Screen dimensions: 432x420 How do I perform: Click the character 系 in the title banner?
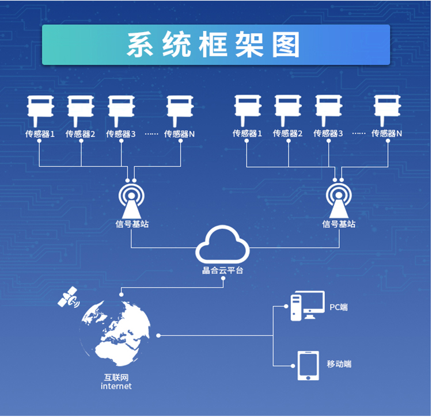[140, 44]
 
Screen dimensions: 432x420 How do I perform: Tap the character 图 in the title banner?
[286, 44]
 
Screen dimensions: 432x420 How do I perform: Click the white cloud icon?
[222, 245]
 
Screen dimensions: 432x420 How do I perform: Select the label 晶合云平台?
[222, 270]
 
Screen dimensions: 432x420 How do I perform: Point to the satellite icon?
[69, 297]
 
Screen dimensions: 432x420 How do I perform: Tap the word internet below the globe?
[116, 386]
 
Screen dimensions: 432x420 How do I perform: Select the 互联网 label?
[116, 377]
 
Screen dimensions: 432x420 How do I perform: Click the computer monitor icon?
[313, 304]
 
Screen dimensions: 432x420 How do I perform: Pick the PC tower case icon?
[296, 308]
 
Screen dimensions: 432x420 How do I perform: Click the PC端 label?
[339, 307]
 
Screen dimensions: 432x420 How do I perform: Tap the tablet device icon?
[308, 365]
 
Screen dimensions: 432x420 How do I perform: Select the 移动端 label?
[339, 364]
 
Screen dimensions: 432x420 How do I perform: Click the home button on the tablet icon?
[308, 377]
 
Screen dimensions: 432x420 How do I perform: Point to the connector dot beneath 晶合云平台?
[223, 278]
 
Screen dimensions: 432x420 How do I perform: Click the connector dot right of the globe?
[158, 335]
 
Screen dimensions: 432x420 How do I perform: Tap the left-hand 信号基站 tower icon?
[131, 201]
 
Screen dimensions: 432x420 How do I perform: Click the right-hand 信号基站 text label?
[339, 224]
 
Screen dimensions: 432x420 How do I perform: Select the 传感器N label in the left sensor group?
[179, 134]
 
